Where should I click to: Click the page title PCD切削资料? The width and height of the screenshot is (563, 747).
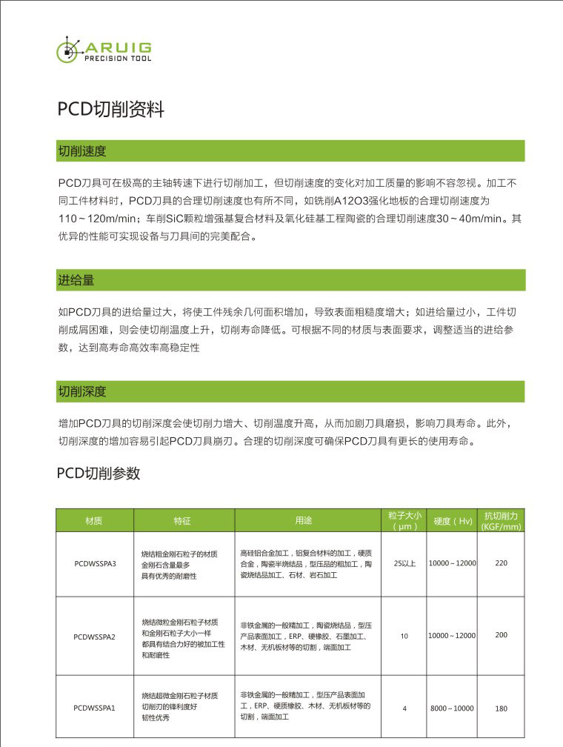tap(110, 110)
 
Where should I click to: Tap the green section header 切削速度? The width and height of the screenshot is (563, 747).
tap(82, 151)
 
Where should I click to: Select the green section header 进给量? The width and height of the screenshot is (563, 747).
tap(76, 280)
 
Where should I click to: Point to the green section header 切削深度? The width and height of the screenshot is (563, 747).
tap(82, 391)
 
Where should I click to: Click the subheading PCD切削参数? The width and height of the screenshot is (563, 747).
tap(99, 474)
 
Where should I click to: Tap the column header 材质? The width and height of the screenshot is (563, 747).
tap(94, 521)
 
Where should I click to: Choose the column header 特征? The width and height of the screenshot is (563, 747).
tap(182, 521)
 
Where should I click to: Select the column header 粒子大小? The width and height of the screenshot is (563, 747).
tap(404, 521)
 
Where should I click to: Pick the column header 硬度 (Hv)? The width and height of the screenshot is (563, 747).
tap(453, 521)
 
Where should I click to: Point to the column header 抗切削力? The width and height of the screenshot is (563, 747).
tap(501, 521)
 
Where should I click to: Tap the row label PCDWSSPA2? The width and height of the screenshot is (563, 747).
tap(95, 637)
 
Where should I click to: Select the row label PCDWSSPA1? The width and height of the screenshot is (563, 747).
tap(95, 708)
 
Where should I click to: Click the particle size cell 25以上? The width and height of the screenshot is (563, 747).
tap(404, 564)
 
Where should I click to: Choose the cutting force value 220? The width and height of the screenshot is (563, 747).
tap(502, 563)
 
